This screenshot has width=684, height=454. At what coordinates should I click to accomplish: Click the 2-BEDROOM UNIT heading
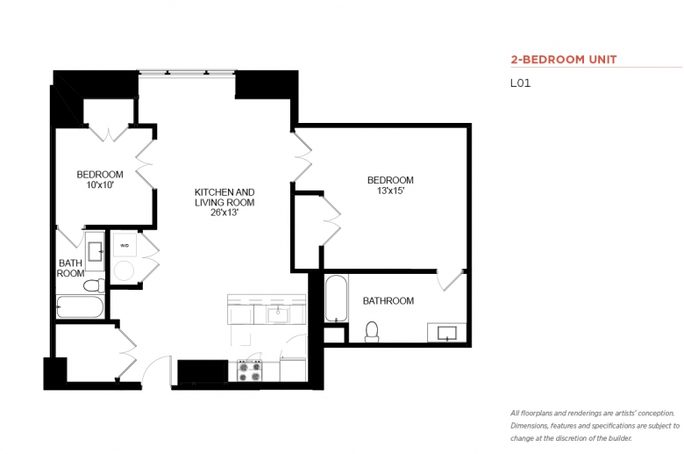[564, 60]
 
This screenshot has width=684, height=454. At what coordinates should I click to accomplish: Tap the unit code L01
[520, 83]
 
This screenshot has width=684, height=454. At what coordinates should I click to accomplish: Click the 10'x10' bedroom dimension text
[100, 184]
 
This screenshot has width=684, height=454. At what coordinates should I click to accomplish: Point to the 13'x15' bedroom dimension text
[390, 191]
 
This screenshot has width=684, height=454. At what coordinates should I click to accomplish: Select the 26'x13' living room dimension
[224, 213]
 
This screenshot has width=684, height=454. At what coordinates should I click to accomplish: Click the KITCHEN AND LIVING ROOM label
[224, 197]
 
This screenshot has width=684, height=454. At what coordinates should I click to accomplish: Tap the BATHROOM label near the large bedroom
[388, 300]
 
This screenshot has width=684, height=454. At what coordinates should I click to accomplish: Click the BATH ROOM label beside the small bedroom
[70, 269]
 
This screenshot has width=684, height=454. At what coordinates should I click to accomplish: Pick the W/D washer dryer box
[125, 246]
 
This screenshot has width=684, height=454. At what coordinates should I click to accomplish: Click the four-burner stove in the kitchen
[251, 371]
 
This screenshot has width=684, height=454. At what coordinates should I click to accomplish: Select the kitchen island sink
[278, 314]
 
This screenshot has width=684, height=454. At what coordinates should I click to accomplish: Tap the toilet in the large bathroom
[372, 332]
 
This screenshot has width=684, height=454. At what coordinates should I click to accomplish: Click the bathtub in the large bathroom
[337, 299]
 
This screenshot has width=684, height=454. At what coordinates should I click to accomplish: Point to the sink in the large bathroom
[447, 334]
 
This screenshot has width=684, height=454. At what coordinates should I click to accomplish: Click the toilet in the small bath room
[94, 285]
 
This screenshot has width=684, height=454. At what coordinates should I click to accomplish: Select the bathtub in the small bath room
[81, 307]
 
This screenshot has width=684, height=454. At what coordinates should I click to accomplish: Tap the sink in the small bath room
[95, 251]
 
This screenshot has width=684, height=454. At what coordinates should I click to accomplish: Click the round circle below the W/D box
[124, 271]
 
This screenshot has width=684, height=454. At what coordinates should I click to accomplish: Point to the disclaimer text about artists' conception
[595, 426]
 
